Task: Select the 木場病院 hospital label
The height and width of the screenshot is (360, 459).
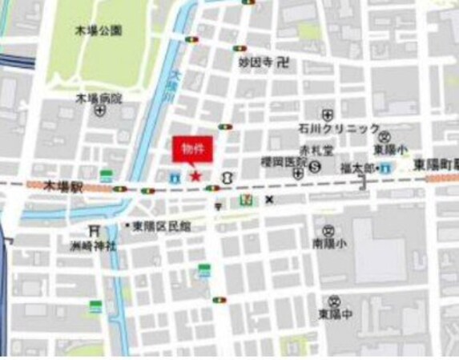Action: (x=99, y=99)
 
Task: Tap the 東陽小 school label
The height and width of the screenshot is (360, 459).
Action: (x=389, y=149)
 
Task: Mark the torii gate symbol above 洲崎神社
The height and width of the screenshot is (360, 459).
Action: (x=96, y=230)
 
